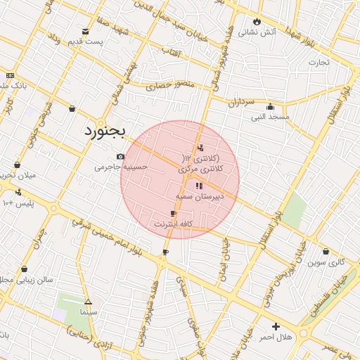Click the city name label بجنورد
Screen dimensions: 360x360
click(103, 131)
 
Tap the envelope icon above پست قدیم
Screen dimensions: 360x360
click(86, 32)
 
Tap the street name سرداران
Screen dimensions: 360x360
click(239, 101)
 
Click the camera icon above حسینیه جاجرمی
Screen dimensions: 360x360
click(120, 156)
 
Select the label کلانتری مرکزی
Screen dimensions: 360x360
click(200, 169)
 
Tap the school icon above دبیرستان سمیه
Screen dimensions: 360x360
click(199, 186)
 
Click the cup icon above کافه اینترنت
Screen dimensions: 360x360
click(173, 213)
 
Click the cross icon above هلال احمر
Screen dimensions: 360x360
click(276, 326)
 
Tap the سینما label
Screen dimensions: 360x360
click(89, 311)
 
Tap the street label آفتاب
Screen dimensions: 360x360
click(171, 51)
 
